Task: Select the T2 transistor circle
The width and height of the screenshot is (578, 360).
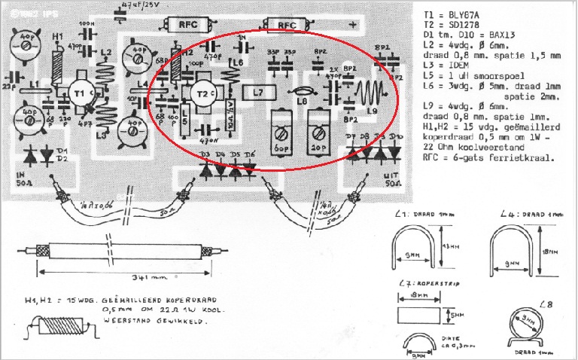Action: pos(202,92)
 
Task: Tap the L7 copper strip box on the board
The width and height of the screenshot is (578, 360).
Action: pos(258,93)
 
